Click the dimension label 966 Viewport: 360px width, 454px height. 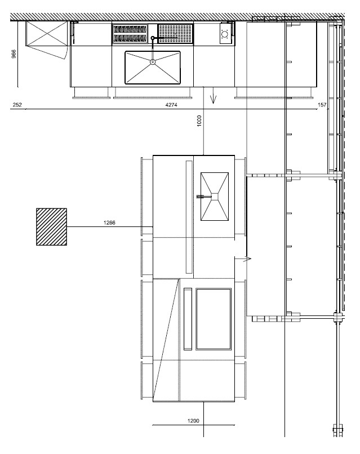point(14,54)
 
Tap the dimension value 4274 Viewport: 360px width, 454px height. point(171,105)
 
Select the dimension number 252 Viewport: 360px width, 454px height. point(17,105)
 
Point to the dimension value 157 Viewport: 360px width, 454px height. point(322,105)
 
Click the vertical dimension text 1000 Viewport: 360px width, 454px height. point(199,121)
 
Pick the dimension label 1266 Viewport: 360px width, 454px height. point(109,222)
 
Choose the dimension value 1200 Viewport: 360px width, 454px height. point(193,421)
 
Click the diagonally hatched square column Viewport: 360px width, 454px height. point(52,226)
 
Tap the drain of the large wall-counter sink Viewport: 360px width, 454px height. point(153,61)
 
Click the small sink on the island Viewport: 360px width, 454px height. point(215,197)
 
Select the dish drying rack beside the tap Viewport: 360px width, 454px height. point(130,34)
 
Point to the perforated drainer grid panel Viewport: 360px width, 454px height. point(175,34)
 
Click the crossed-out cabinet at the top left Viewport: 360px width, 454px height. point(47,33)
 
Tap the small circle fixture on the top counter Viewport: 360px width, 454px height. point(224,34)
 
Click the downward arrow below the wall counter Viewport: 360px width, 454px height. point(214,99)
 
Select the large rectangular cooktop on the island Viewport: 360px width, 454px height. point(214,319)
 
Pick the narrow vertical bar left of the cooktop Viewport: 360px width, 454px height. point(188,319)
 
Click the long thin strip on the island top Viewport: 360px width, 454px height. point(189,217)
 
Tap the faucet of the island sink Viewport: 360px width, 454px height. point(204,197)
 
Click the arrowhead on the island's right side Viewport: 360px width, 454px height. point(248,259)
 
